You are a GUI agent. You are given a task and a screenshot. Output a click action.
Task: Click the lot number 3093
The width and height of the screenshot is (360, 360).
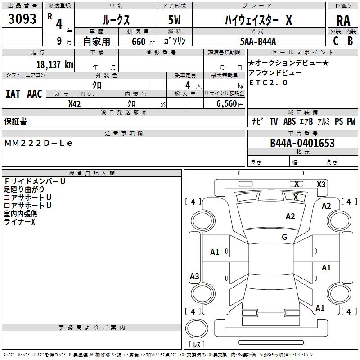22,19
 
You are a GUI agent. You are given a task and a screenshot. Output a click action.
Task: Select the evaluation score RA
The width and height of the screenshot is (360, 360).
343,20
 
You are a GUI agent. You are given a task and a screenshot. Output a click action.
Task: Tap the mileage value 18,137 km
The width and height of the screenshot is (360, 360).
55,64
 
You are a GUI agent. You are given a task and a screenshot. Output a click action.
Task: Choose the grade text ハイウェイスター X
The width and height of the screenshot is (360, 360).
258,20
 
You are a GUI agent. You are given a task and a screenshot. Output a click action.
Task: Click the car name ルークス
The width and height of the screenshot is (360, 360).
116,20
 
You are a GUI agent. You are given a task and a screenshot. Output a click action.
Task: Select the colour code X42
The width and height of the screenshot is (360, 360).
74,103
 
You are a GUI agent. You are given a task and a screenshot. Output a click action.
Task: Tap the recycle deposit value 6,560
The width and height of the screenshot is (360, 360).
226,103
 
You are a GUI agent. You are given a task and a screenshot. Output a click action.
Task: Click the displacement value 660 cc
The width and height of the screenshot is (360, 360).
136,41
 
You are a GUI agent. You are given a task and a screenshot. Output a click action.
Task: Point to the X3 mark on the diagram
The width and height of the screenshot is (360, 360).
321,184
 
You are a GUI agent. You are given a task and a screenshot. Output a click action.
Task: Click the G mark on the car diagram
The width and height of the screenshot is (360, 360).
284,237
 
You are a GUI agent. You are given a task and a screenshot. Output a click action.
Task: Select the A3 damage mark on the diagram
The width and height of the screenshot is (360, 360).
194,276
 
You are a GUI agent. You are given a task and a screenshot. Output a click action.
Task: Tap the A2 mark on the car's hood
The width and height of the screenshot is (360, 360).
291,216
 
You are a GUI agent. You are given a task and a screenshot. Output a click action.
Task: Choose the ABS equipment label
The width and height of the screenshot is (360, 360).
289,121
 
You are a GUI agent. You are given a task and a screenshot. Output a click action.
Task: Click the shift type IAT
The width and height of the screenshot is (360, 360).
13,94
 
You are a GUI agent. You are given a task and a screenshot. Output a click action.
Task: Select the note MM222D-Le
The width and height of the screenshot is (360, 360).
38,143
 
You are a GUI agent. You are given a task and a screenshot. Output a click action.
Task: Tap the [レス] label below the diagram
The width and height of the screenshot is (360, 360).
198,344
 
